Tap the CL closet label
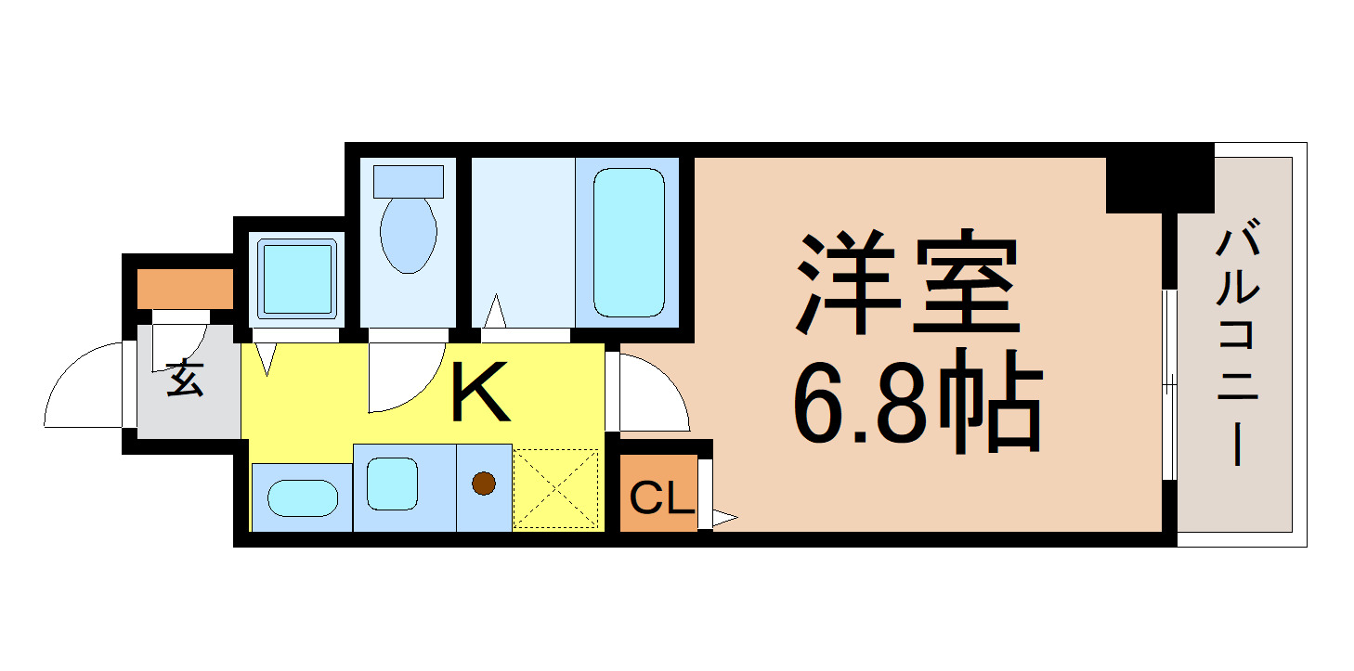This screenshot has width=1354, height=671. pyautogui.click(x=662, y=500)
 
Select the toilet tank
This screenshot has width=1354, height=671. pyautogui.click(x=408, y=181)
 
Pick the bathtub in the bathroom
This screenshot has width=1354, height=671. pyautogui.click(x=629, y=242)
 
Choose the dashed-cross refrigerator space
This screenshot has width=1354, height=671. pyautogui.click(x=556, y=488)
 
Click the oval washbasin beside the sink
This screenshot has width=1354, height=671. pyautogui.click(x=302, y=499)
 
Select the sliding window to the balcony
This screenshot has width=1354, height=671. pyautogui.click(x=1170, y=384)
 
